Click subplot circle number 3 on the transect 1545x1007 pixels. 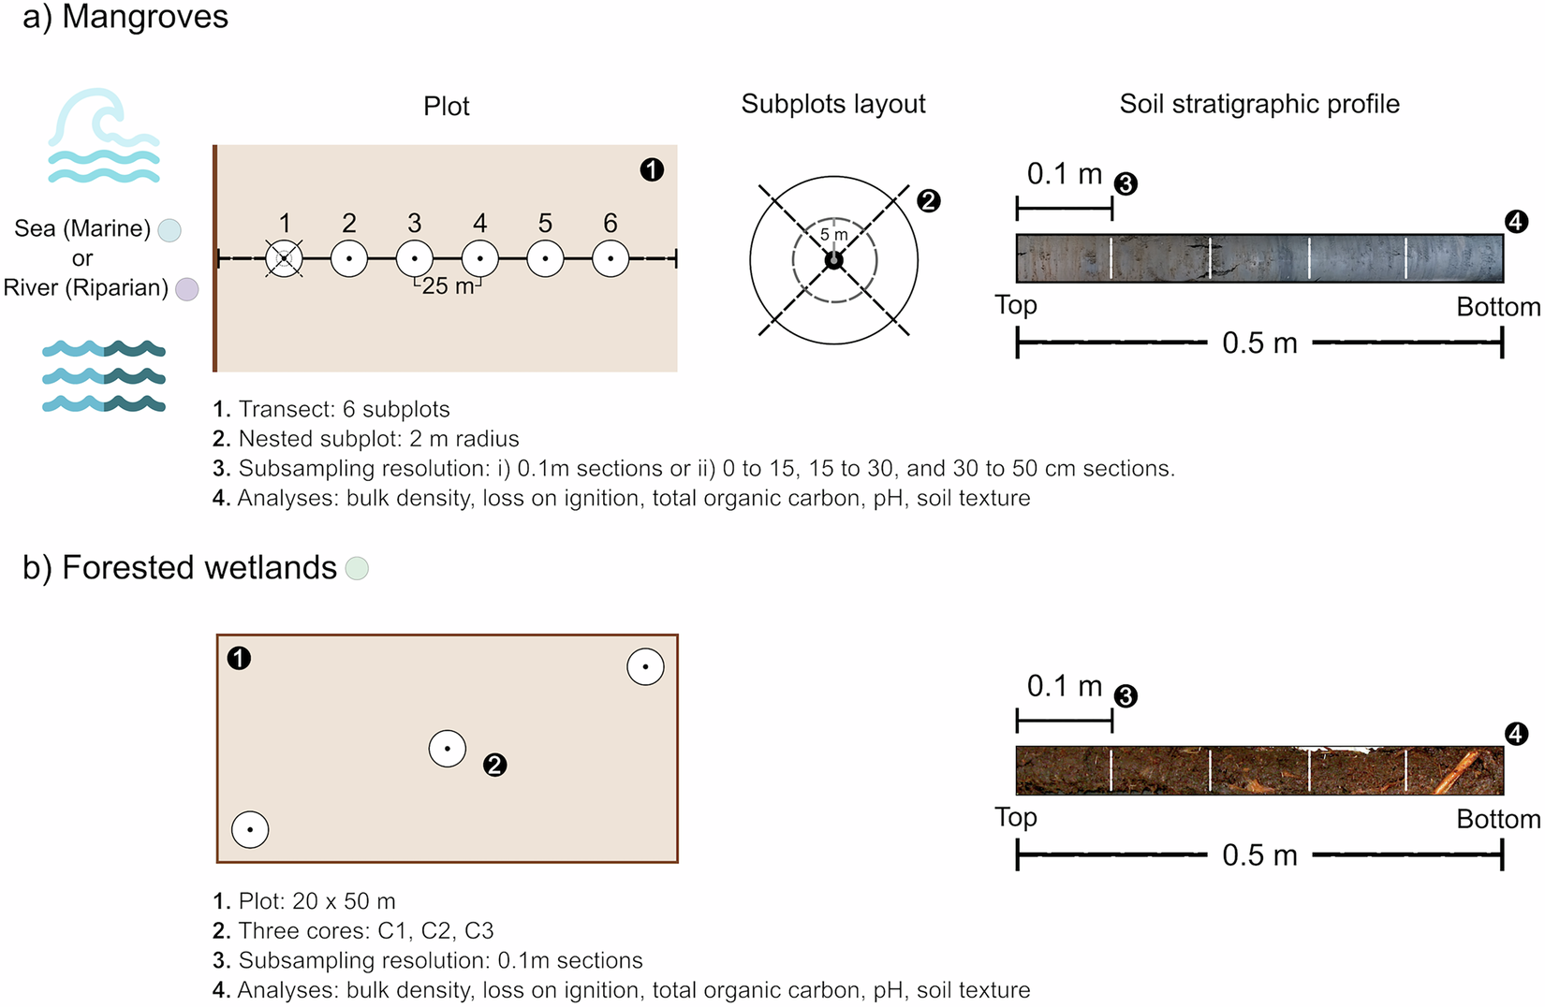pos(414,258)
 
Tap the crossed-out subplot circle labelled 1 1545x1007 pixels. pos(284,258)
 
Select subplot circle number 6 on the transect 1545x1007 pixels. pos(611,258)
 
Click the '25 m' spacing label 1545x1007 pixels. pos(449,286)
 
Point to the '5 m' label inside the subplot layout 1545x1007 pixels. pos(833,235)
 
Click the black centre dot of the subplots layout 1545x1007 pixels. pos(833,260)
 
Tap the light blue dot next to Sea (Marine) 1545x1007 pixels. pos(169,230)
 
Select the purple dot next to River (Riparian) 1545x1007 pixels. pos(187,289)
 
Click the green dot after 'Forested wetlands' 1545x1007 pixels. pos(357,568)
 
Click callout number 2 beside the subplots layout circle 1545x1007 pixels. pos(928,200)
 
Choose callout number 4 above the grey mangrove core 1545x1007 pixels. pos(1516,222)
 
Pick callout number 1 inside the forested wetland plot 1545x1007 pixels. pos(239,659)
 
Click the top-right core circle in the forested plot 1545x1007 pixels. pos(645,666)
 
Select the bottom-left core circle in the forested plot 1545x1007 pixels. pos(250,829)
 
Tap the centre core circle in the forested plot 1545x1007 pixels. pos(448,749)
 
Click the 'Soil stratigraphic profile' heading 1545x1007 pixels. pos(1259,104)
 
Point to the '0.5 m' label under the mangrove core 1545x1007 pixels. pos(1259,343)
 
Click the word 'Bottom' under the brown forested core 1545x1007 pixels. pos(1497,819)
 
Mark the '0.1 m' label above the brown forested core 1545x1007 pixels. pos(1065,686)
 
